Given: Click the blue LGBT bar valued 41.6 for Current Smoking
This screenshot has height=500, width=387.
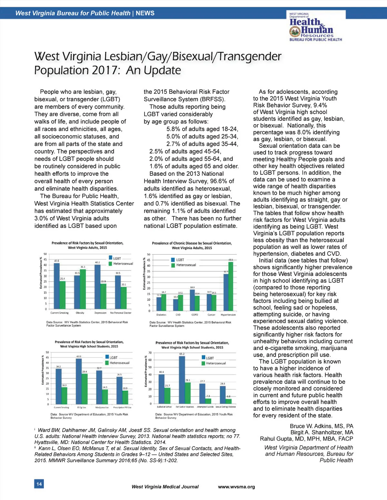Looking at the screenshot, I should coord(56,286).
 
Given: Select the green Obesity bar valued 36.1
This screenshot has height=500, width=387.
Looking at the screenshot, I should coord(83,289).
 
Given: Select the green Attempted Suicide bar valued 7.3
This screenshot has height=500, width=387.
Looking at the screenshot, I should coord(208,401).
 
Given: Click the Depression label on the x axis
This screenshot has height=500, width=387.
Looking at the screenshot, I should coord(100,313).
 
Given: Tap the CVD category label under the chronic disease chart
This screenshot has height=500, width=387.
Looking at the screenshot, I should coord(178,315).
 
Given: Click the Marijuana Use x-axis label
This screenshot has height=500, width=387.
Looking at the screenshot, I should coord(102,408).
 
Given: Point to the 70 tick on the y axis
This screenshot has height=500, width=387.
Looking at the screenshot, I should coord(150,353).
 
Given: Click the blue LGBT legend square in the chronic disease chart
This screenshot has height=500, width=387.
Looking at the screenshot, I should coord(173,260).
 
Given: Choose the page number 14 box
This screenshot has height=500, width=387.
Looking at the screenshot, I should coord(39,484).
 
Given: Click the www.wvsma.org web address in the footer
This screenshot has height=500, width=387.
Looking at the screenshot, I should coord(236,487).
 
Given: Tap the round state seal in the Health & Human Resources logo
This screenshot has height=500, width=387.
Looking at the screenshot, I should coord(294,32).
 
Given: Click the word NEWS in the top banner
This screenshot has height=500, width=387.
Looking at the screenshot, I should coord(145,13).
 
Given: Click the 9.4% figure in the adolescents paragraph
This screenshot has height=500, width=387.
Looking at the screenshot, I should coord(320,105).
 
